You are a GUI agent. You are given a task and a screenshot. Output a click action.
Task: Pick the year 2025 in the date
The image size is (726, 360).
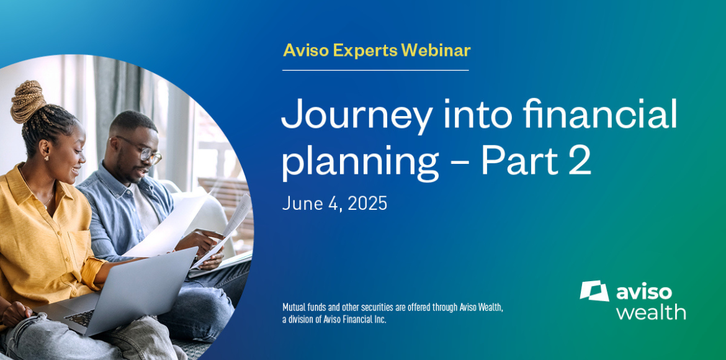367,204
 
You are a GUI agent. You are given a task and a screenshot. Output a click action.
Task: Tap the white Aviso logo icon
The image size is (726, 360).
594,291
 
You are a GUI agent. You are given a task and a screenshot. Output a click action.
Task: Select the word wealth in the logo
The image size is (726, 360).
650,312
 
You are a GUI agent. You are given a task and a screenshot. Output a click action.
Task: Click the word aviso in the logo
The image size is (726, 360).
643,292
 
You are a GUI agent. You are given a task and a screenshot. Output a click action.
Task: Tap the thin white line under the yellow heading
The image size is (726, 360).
375,70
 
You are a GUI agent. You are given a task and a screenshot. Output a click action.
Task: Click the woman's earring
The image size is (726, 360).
46,158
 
